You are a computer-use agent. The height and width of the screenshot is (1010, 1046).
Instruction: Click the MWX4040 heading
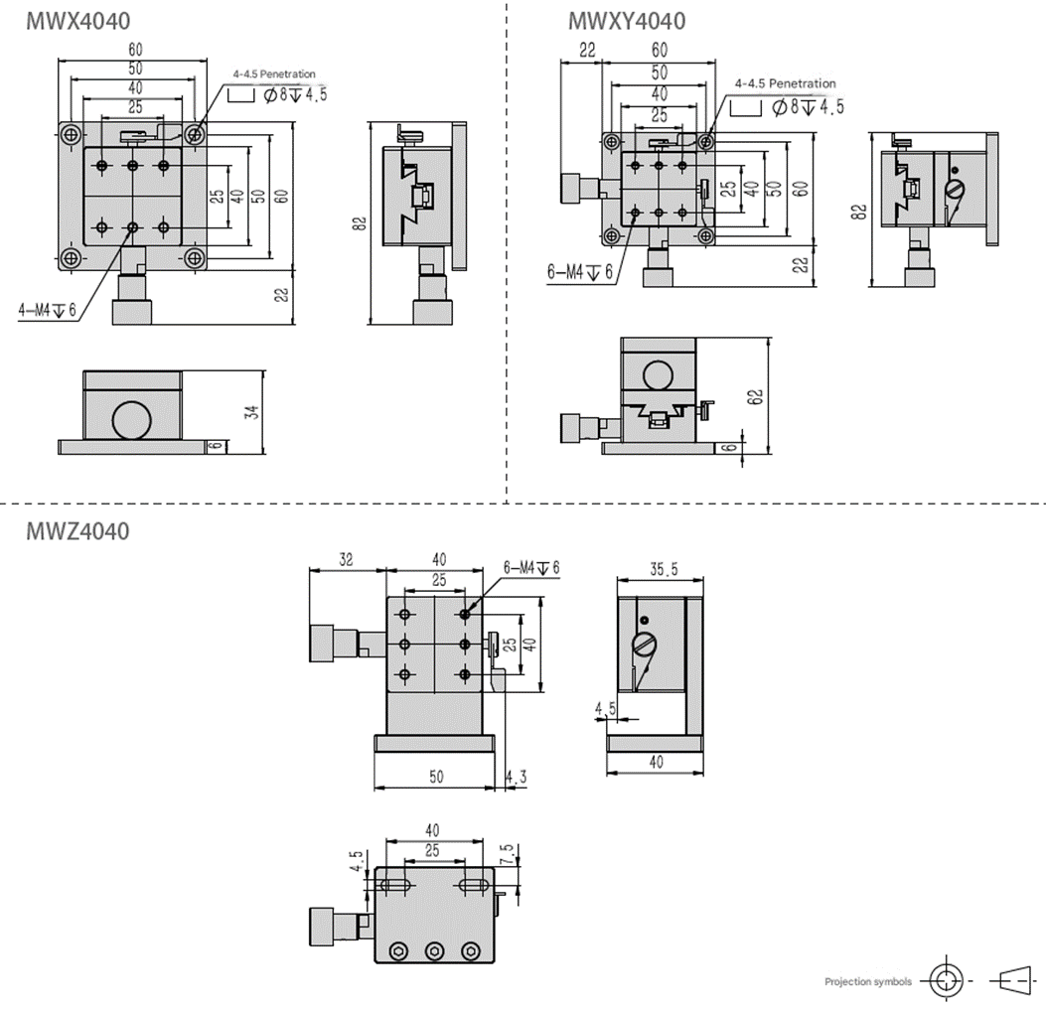(x=78, y=21)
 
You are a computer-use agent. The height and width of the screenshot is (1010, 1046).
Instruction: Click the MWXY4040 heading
(x=627, y=21)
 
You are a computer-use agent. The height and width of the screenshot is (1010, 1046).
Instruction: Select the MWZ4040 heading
(x=77, y=531)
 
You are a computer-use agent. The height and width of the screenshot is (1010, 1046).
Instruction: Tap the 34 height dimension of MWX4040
(x=252, y=411)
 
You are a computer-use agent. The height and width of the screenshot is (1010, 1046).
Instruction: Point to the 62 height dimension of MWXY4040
(x=755, y=397)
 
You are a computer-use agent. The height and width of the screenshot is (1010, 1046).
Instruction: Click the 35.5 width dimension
(x=664, y=569)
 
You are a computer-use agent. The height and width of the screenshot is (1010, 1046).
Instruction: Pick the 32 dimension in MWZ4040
(x=346, y=559)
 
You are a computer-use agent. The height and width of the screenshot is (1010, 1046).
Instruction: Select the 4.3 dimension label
(x=516, y=777)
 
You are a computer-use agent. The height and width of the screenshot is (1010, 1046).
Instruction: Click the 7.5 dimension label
(x=507, y=854)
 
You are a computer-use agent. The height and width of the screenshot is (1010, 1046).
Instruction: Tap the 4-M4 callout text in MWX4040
(x=48, y=310)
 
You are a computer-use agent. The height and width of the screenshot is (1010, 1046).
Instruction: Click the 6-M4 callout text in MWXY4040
(x=579, y=271)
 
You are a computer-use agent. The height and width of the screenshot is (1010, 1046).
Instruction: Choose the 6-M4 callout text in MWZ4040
(x=531, y=568)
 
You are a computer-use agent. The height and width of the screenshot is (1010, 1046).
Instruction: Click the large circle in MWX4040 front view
(x=132, y=420)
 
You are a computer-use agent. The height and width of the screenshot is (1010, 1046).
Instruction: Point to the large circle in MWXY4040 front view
(x=658, y=375)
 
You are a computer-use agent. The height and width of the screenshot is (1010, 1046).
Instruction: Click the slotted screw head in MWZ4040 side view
(x=644, y=646)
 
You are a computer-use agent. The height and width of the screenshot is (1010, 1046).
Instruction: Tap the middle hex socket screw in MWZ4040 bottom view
(x=434, y=950)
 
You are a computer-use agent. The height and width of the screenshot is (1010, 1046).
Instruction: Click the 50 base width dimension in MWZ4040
(x=436, y=777)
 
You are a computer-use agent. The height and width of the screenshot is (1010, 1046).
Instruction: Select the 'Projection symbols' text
(x=868, y=982)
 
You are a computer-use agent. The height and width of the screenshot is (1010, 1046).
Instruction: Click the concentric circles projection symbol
(x=946, y=981)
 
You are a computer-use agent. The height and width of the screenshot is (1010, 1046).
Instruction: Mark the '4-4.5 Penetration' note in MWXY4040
(x=785, y=84)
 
